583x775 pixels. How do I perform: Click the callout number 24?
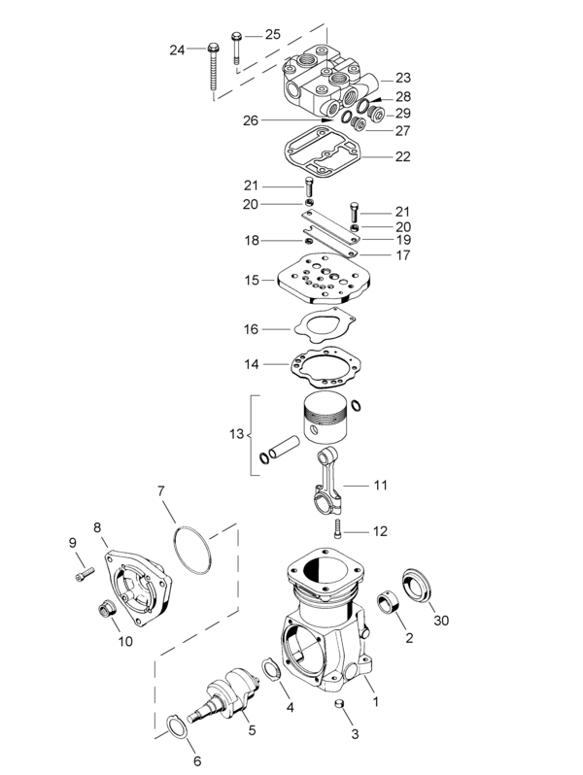[176, 50]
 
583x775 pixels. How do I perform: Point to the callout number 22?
[403, 156]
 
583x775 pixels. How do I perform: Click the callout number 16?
[251, 329]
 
